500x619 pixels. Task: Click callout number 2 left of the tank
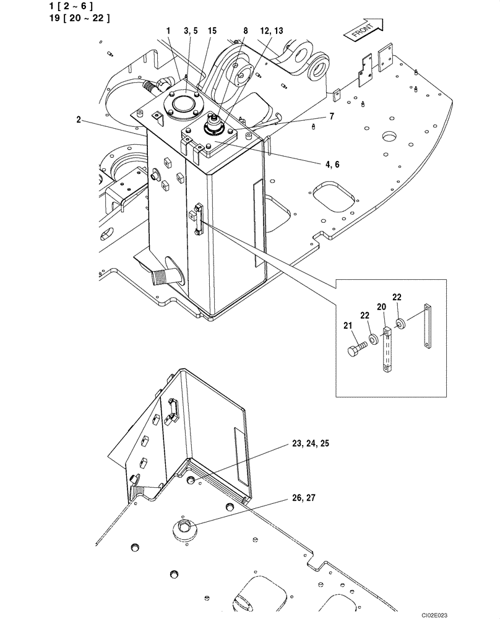click(x=79, y=120)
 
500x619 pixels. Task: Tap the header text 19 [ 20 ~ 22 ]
click(x=79, y=18)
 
